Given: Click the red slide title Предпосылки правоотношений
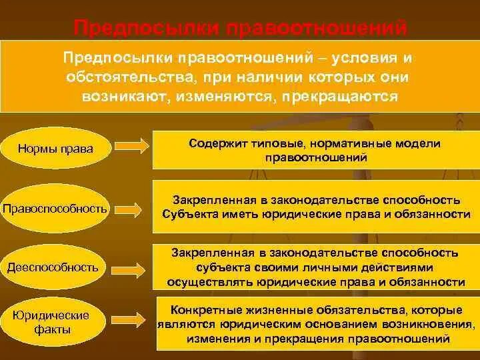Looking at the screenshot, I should (x=239, y=28).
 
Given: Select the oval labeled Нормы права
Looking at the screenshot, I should (x=55, y=148).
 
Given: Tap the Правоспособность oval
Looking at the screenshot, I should (x=55, y=208).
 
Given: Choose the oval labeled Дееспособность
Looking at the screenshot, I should (x=53, y=267).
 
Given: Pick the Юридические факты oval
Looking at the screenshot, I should (x=54, y=322).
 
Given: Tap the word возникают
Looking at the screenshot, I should (x=119, y=96).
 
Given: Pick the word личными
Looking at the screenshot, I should (x=299, y=267).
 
